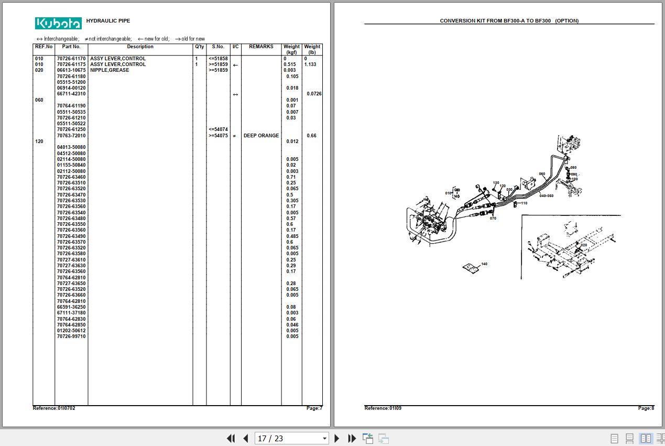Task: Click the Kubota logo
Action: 58,23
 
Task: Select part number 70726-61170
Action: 71,59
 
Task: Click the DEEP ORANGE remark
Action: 261,136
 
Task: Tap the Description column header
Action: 140,47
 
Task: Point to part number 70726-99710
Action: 71,336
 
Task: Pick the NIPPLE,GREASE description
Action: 110,70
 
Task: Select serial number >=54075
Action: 218,136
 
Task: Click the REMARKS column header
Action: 261,47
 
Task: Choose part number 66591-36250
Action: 71,307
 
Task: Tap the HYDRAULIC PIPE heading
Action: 108,21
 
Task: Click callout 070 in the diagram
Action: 493,218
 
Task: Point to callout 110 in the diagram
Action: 524,203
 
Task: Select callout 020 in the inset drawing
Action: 584,245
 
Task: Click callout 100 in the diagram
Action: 574,179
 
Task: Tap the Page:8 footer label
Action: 646,408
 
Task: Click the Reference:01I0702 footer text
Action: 54,408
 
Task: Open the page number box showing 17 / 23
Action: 291,438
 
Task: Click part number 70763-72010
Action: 71,136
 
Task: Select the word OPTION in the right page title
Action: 566,21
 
